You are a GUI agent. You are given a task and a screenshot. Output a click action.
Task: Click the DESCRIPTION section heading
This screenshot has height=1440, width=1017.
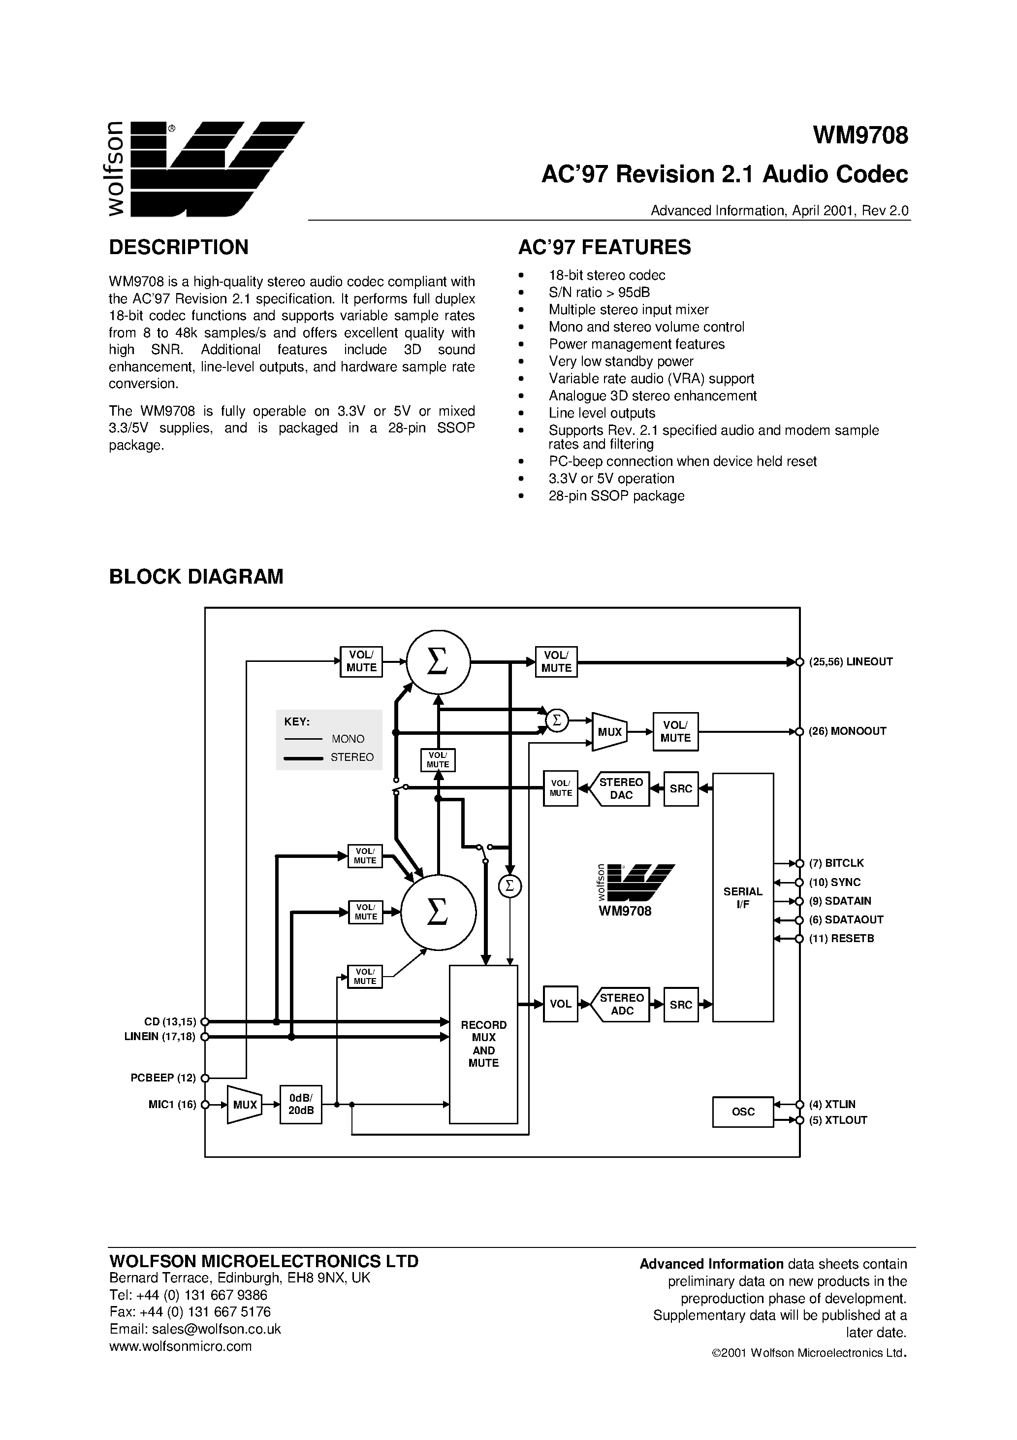pyautogui.click(x=179, y=247)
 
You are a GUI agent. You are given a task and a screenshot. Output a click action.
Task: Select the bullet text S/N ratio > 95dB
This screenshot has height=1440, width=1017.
pyautogui.click(x=599, y=292)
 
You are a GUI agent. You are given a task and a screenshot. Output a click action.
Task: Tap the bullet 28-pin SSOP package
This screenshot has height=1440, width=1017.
pyautogui.click(x=616, y=495)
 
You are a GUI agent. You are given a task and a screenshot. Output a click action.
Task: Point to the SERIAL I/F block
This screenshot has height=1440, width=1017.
pyautogui.click(x=742, y=897)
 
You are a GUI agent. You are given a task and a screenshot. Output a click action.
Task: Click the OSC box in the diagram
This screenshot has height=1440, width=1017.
pyautogui.click(x=742, y=1112)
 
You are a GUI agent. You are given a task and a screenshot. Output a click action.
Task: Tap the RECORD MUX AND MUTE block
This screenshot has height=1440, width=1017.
pyautogui.click(x=483, y=1044)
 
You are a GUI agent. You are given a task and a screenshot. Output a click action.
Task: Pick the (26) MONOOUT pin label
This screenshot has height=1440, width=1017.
pyautogui.click(x=847, y=731)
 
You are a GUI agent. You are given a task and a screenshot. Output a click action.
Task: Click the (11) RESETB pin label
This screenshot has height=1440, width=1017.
pyautogui.click(x=841, y=938)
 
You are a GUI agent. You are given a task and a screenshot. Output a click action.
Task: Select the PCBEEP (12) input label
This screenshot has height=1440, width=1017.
pyautogui.click(x=163, y=1078)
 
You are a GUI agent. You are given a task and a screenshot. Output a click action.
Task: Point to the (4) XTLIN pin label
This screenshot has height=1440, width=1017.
pyautogui.click(x=831, y=1104)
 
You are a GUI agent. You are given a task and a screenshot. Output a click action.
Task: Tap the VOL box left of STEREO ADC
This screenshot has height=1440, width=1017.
pyautogui.click(x=560, y=1004)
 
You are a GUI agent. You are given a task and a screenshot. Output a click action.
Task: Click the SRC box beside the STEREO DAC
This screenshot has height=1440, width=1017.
pyautogui.click(x=680, y=788)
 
